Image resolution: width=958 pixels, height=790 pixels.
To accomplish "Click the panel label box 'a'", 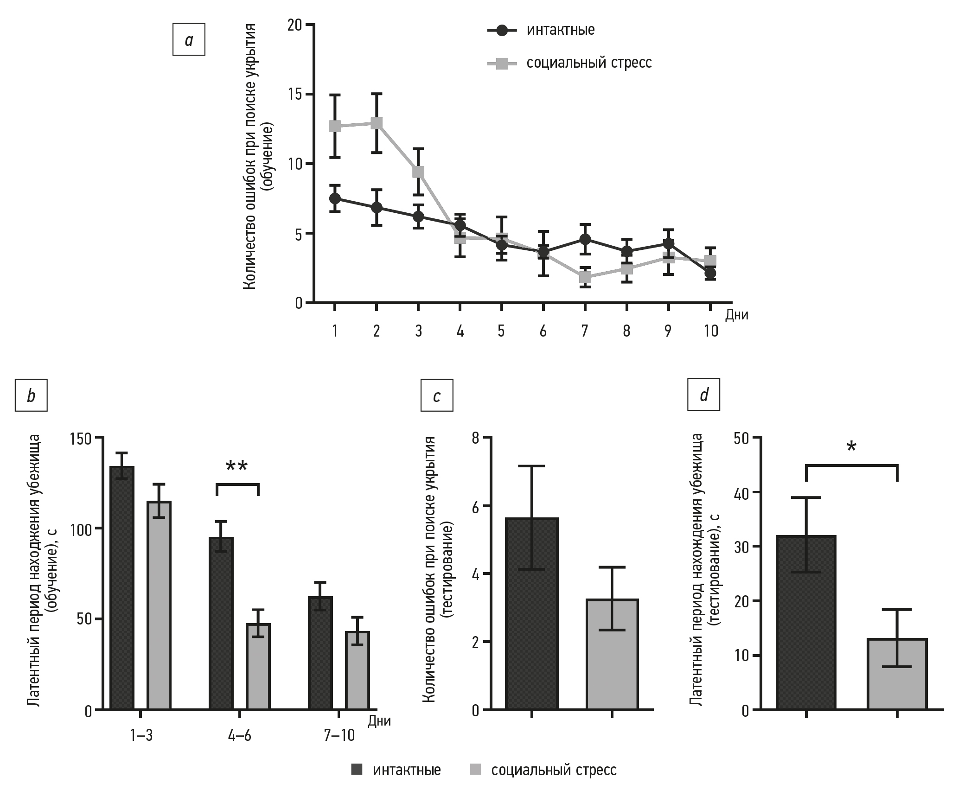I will tap(189, 40).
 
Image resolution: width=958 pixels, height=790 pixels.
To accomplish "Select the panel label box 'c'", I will tap(436, 395).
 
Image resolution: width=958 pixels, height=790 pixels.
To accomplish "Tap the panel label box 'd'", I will tap(703, 395).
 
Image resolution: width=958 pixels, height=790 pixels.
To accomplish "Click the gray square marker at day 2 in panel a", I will tap(377, 123).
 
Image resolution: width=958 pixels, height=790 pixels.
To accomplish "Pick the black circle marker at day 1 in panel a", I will tap(335, 198).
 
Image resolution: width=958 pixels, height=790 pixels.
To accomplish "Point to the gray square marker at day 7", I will tap(585, 277).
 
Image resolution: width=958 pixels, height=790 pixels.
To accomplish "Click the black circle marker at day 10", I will tap(710, 274).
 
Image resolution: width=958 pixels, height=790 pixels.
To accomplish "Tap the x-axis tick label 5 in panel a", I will tap(501, 331).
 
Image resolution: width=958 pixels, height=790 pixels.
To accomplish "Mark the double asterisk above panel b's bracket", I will tap(237, 466).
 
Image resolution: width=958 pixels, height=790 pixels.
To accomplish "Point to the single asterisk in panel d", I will tap(851, 447).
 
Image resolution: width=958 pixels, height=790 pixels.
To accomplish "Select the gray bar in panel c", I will tap(612, 655).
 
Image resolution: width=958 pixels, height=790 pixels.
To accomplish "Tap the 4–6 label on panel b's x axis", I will tap(240, 735).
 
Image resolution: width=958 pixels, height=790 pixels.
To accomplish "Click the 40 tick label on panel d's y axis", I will tap(742, 492).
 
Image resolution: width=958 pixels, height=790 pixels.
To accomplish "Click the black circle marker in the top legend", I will tap(502, 31).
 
